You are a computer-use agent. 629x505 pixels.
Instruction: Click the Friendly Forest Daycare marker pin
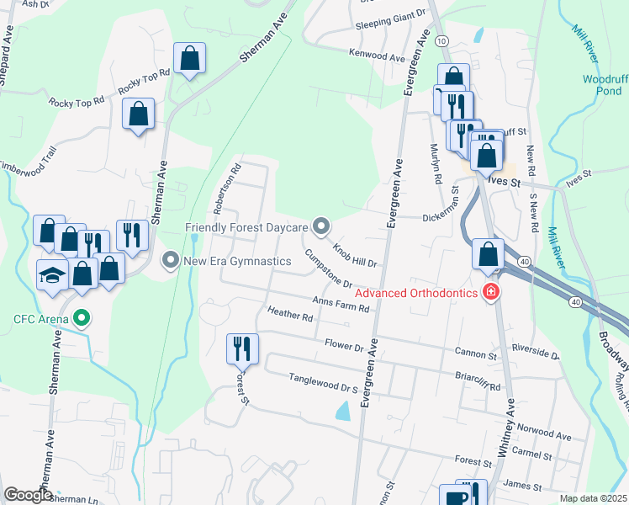(x=320, y=226)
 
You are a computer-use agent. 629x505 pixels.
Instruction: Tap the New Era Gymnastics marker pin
(x=172, y=261)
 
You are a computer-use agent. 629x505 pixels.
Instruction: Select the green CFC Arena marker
(x=82, y=318)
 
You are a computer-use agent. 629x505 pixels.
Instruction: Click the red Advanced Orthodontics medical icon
(x=490, y=293)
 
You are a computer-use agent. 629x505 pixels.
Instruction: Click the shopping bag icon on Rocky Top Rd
(x=190, y=59)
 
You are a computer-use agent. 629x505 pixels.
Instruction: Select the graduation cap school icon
(x=52, y=275)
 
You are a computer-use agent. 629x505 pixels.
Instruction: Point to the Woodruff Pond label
(x=605, y=84)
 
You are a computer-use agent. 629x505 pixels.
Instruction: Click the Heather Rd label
(x=290, y=314)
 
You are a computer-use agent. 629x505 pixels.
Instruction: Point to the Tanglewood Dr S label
(x=324, y=383)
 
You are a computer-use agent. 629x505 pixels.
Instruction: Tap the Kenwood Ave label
(x=378, y=56)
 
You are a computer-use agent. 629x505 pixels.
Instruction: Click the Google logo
(x=28, y=495)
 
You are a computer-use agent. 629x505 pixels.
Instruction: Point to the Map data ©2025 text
(x=593, y=498)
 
